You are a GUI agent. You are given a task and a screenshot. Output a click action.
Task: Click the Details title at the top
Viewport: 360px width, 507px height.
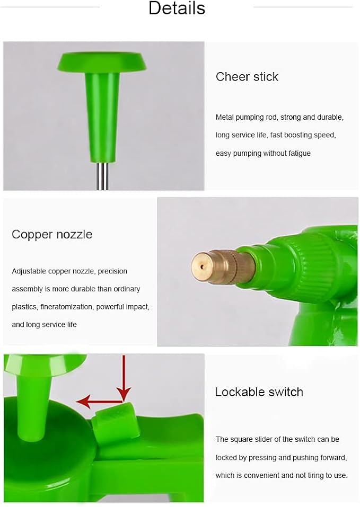coord(177,8)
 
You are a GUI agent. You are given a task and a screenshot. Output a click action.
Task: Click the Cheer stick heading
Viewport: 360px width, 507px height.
coord(247,77)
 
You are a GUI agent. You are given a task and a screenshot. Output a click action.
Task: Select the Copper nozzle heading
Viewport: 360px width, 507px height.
coord(52,234)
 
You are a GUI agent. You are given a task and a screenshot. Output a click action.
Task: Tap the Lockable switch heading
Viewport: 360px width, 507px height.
coord(259,392)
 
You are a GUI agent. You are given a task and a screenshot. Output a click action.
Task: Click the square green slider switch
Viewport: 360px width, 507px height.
coord(112,418)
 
